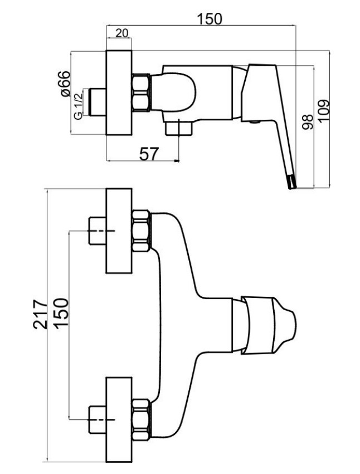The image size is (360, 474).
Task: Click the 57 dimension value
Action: click(x=148, y=154)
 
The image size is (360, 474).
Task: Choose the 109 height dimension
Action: click(x=324, y=110)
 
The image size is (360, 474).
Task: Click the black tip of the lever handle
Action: click(x=291, y=182)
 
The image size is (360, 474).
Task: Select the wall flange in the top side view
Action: click(x=119, y=92)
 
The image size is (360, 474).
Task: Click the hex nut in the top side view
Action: click(x=142, y=92)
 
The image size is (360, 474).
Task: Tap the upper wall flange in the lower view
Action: click(x=119, y=231)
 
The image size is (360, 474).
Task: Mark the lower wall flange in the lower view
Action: click(x=119, y=419)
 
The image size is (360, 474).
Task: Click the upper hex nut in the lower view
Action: click(x=142, y=231)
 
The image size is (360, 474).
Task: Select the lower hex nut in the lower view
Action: click(x=142, y=419)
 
